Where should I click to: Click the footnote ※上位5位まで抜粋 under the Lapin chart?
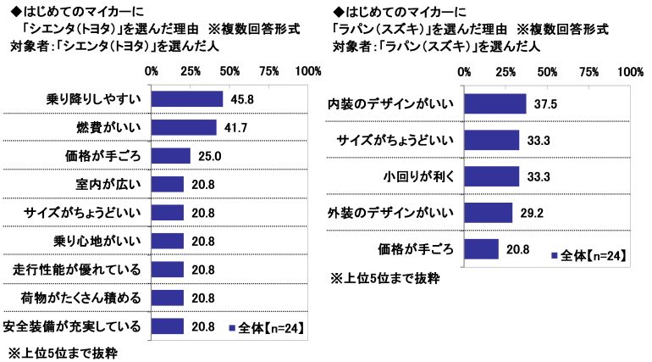point(385,278)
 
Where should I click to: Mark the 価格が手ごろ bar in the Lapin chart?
point(481,248)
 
